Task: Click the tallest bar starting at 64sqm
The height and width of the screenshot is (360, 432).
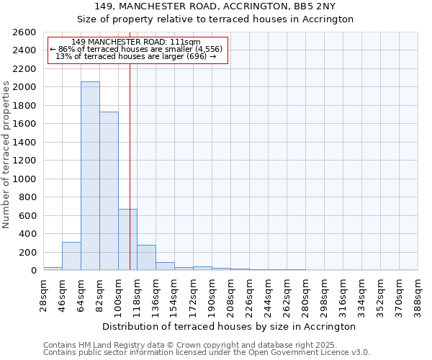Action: [90, 176]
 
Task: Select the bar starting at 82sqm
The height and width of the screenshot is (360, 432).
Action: [109, 191]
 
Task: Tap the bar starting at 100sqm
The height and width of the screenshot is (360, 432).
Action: [127, 239]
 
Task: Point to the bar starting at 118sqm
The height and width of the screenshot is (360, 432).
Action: [146, 258]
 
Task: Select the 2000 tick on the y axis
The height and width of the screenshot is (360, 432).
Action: [26, 87]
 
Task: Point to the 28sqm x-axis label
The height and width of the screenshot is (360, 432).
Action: [43, 292]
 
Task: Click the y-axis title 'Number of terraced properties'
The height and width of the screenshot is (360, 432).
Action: [6, 155]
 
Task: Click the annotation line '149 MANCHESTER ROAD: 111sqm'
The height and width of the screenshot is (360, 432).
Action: [137, 42]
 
